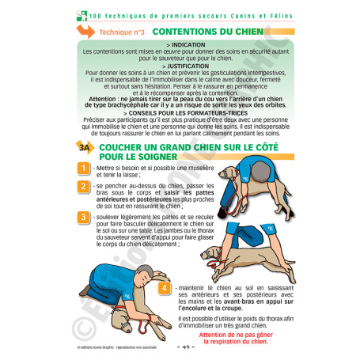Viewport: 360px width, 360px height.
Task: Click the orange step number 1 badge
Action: (83, 168)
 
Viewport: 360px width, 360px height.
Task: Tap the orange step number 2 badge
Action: (83, 188)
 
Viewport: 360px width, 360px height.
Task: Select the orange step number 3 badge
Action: (83, 217)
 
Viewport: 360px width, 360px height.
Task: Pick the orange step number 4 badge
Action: (164, 288)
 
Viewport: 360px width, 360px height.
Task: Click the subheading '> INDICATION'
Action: (180, 45)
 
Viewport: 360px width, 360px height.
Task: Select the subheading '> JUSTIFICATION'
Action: (180, 66)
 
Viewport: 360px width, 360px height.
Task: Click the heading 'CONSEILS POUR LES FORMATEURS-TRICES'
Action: (180, 112)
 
